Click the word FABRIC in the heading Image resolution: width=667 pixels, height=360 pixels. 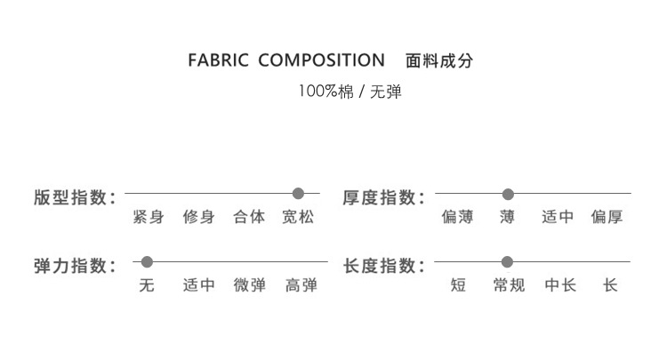point(218,61)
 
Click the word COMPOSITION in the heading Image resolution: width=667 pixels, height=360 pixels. point(320,61)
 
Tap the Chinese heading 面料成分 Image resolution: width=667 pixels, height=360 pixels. point(438,61)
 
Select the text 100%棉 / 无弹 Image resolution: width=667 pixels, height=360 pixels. point(350,91)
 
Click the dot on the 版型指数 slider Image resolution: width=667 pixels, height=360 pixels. point(298,193)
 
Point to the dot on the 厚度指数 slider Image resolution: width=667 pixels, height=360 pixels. point(508,194)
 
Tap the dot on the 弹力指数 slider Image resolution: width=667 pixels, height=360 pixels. point(148,262)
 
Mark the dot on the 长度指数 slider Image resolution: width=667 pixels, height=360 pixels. point(507,262)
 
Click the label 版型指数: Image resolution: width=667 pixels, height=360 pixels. point(75,197)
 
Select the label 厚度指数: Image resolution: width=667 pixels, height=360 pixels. point(384,197)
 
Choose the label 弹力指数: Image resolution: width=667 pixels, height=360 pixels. point(75,266)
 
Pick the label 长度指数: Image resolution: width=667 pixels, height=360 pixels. point(384,266)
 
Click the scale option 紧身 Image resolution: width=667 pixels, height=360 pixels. point(148,217)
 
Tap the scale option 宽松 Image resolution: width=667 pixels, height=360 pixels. point(298,217)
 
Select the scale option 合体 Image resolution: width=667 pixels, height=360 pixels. point(249,217)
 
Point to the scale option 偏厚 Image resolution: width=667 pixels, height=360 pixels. point(607,217)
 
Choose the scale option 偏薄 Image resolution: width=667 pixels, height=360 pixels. point(457,217)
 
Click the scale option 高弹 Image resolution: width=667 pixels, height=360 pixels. point(301,285)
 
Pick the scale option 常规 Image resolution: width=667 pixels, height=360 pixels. point(509,285)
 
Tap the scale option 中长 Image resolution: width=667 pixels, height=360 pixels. point(560,285)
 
